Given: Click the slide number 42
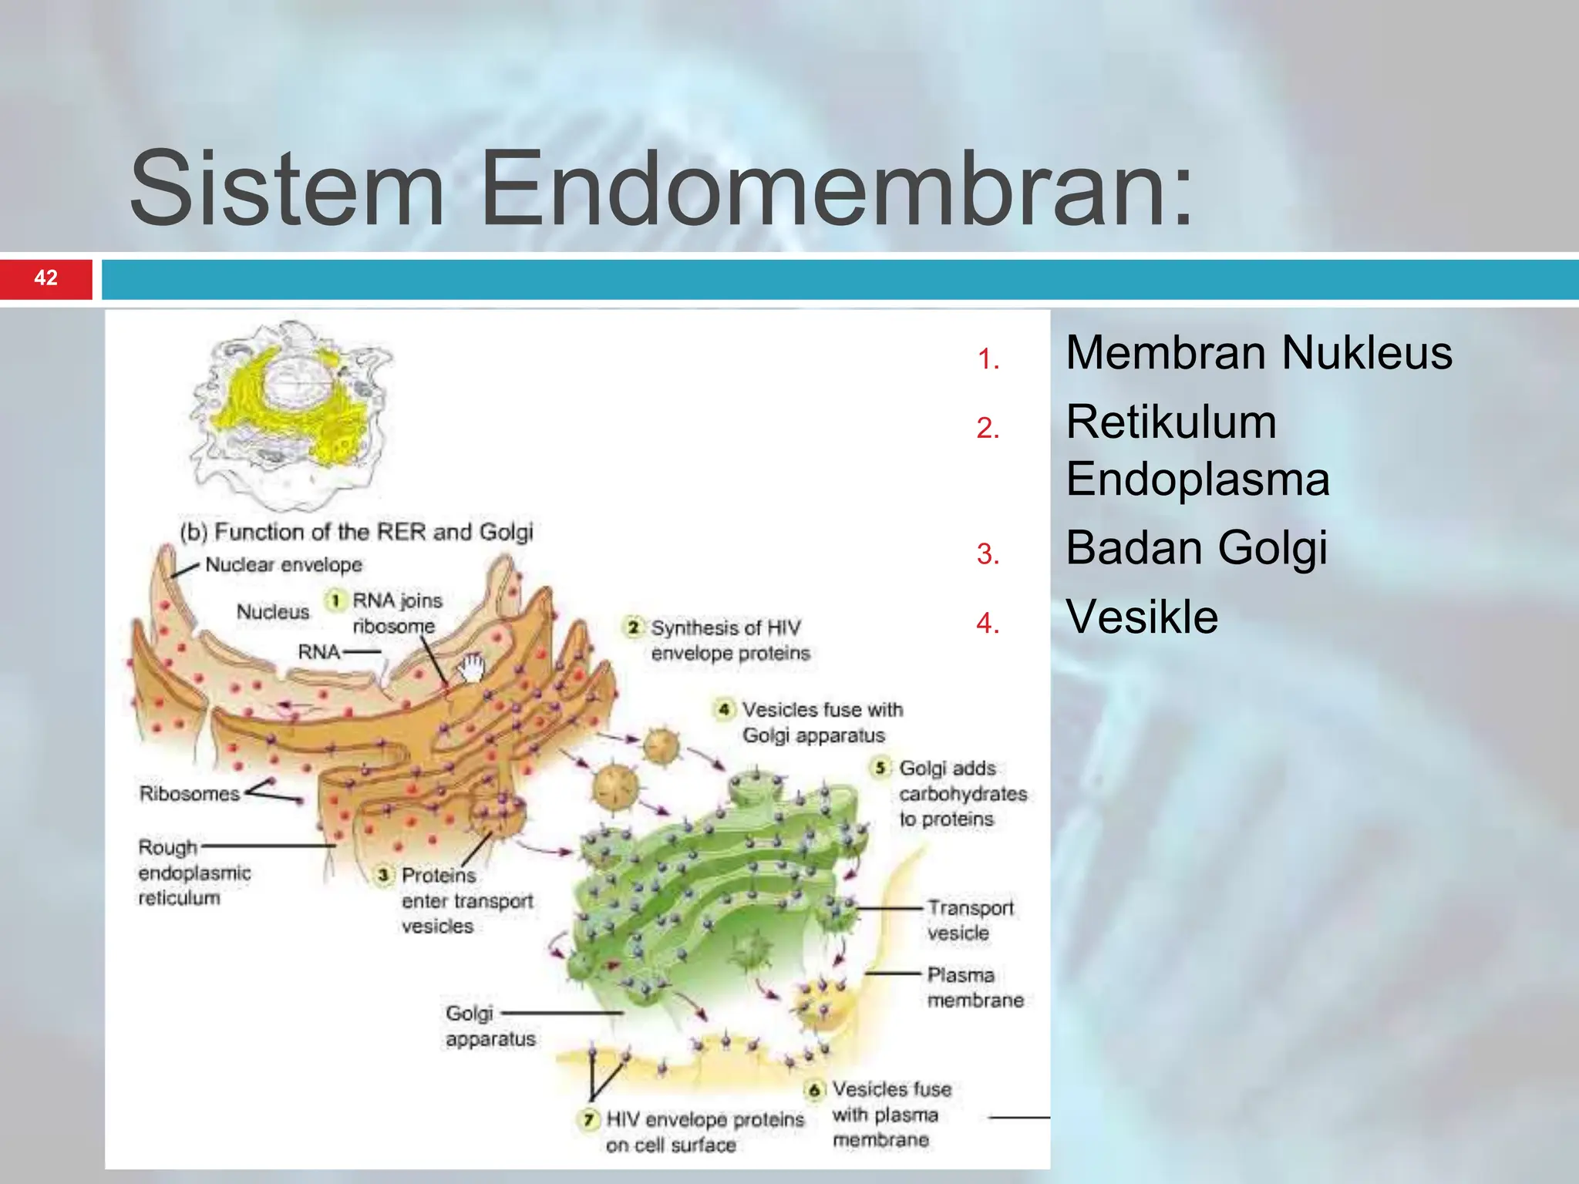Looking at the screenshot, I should [45, 277].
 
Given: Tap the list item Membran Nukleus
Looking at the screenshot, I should [1258, 353].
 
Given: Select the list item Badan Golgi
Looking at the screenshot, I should [1196, 548].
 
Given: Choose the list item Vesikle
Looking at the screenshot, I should [1141, 617].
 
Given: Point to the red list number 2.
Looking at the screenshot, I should [988, 428].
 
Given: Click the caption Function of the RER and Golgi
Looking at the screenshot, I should [357, 532].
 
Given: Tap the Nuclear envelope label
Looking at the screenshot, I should [283, 565].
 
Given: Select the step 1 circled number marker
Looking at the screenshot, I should [335, 600].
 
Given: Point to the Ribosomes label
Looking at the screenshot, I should [190, 793].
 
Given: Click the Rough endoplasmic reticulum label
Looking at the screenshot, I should [194, 873].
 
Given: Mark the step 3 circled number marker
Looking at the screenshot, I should [383, 875].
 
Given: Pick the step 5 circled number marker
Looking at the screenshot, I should [880, 768].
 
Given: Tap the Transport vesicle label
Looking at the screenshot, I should [969, 920].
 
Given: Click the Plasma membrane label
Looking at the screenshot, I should [975, 987].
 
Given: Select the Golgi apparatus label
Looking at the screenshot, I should [490, 1026].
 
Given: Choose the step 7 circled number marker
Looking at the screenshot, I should [589, 1118].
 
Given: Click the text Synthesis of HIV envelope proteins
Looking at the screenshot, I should [729, 641].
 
